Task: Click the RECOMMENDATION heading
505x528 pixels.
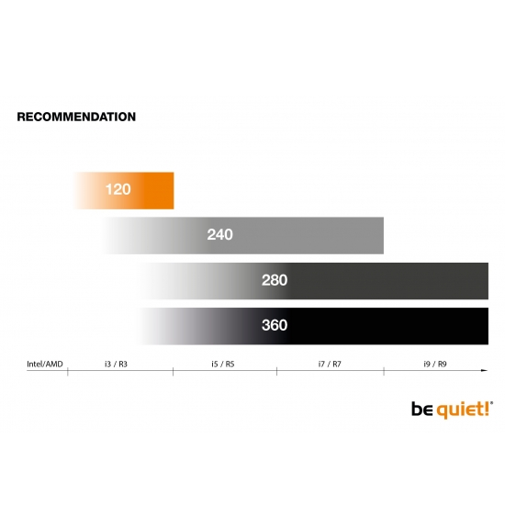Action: (x=76, y=117)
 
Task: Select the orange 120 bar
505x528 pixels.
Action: (x=124, y=191)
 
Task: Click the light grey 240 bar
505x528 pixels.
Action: (x=243, y=236)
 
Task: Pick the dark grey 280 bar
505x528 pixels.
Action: (x=315, y=281)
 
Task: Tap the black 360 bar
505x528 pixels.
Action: (x=315, y=326)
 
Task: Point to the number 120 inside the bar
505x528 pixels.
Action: (x=118, y=189)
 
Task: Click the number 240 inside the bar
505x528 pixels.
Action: (x=219, y=234)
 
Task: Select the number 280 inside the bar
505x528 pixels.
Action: (x=275, y=280)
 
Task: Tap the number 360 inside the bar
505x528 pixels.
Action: (x=275, y=325)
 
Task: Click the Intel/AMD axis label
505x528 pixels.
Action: (x=45, y=364)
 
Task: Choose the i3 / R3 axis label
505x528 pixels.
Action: (x=116, y=364)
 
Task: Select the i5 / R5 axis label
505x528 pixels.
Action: (x=223, y=364)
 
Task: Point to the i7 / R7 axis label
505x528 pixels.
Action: (x=330, y=364)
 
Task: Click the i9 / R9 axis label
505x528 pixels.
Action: (x=435, y=364)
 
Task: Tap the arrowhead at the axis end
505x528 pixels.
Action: (x=485, y=370)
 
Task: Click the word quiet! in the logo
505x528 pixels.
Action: (x=463, y=410)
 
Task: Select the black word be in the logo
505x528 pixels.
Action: (x=422, y=410)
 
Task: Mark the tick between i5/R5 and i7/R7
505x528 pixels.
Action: (x=276, y=371)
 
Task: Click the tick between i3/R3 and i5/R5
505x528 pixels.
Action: (x=173, y=371)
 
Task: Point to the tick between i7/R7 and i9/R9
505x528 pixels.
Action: (x=384, y=371)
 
